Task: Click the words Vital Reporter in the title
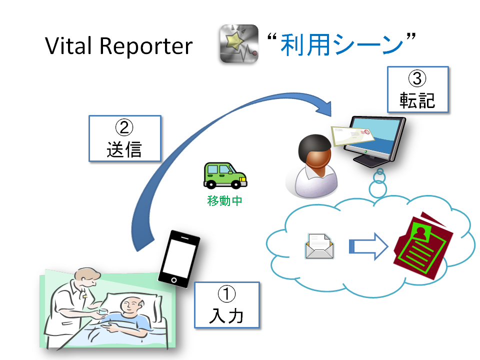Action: click(118, 46)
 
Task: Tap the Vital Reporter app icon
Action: click(239, 44)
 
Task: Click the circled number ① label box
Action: click(226, 305)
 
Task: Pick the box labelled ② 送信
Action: click(124, 138)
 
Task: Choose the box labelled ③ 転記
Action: click(417, 89)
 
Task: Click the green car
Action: click(224, 175)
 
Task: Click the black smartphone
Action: click(179, 257)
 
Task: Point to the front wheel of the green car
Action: click(236, 184)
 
